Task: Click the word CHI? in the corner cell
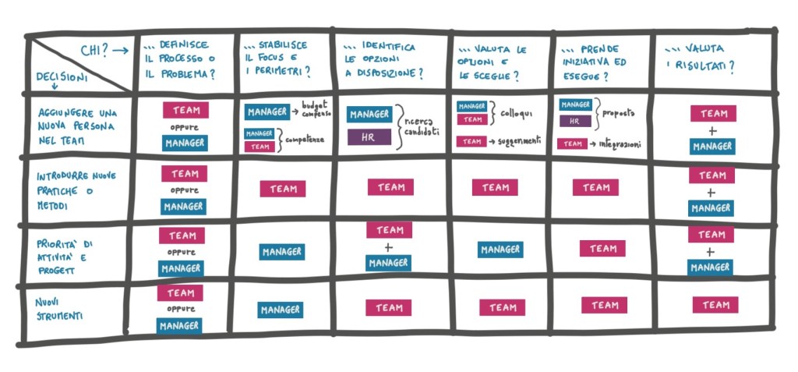[94, 51]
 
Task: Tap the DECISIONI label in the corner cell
[62, 76]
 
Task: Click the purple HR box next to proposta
[574, 121]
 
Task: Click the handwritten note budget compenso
[315, 110]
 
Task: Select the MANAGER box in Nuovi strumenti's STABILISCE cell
[281, 310]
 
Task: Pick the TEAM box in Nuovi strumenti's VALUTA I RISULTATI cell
[715, 305]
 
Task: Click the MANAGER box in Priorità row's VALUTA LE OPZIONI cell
[500, 250]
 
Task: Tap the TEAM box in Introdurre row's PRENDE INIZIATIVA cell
[595, 187]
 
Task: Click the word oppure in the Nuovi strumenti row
[181, 309]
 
